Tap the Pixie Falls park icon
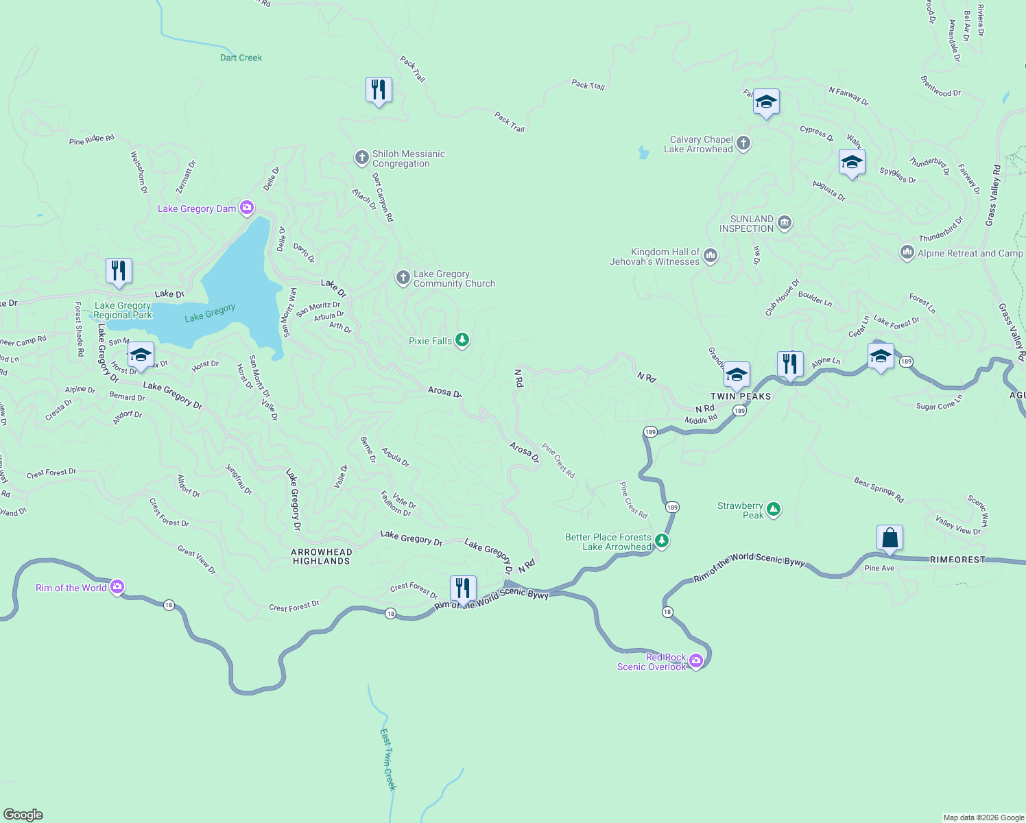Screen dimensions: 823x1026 click(x=462, y=341)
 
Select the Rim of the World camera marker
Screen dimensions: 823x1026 click(x=117, y=587)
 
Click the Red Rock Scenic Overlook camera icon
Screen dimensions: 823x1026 click(x=696, y=661)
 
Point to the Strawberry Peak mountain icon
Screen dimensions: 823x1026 click(x=774, y=510)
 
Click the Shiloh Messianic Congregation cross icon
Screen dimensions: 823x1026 click(x=361, y=158)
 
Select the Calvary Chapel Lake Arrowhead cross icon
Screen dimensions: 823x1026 click(x=743, y=144)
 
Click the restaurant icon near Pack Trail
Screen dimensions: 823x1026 click(x=379, y=90)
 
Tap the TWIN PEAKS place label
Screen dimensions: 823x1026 click(x=741, y=396)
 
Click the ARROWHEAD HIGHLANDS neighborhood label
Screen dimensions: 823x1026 click(x=322, y=556)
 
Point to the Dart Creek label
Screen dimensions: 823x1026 click(x=241, y=58)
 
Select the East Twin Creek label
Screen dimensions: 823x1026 click(x=388, y=760)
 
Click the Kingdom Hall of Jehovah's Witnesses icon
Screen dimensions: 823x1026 click(x=711, y=257)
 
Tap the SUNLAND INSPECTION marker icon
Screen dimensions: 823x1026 click(x=785, y=224)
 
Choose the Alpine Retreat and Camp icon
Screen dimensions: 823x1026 click(x=907, y=253)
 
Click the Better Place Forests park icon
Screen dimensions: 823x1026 click(x=662, y=542)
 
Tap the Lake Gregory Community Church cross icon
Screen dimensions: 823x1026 click(x=403, y=278)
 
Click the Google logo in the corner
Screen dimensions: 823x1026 click(x=23, y=815)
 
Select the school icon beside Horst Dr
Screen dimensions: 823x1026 click(x=141, y=355)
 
